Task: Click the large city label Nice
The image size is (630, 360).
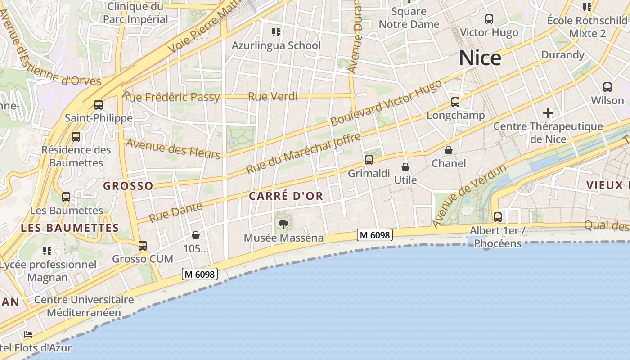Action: (480, 58)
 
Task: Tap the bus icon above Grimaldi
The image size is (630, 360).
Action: (369, 160)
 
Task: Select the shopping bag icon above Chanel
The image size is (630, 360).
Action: (449, 150)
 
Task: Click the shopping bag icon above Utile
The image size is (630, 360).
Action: (405, 167)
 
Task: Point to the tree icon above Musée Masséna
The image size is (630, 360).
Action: (283, 224)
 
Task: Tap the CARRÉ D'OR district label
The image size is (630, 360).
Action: (286, 196)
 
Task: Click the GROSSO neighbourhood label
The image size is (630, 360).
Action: (128, 186)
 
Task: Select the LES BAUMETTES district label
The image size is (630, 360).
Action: (70, 228)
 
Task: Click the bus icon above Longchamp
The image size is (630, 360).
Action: (455, 102)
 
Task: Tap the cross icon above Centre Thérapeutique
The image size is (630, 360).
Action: (548, 112)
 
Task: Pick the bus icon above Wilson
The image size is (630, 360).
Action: (607, 87)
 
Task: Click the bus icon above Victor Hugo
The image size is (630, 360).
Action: (489, 19)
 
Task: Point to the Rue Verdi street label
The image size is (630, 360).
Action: (273, 96)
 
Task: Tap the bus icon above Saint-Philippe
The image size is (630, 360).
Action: (99, 105)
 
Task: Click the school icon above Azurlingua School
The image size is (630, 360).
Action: (276, 32)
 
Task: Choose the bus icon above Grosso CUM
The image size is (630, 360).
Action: (143, 245)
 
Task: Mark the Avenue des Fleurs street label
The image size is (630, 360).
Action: (173, 148)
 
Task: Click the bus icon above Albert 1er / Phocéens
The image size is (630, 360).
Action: (498, 217)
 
